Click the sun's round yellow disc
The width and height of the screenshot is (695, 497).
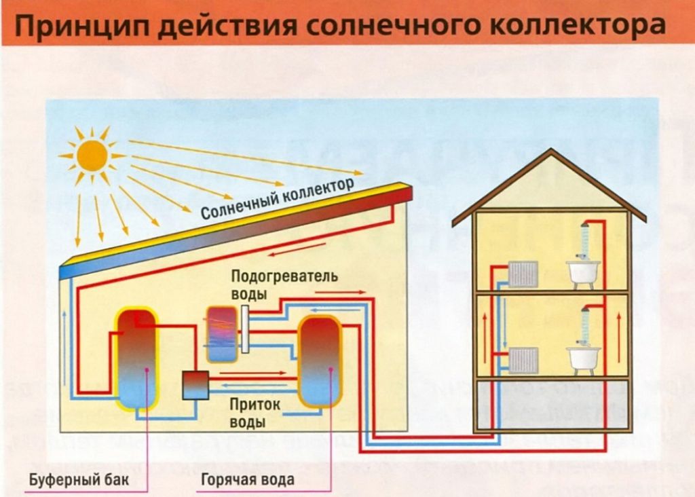[x=92, y=155]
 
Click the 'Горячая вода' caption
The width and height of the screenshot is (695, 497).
[x=247, y=480]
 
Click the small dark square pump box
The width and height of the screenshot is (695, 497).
[x=195, y=386]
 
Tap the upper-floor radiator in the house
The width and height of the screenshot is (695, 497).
[x=523, y=274]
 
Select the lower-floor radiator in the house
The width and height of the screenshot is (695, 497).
[x=523, y=360]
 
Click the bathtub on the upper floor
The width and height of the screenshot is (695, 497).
[x=583, y=272]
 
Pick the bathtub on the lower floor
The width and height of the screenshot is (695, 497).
[x=583, y=358]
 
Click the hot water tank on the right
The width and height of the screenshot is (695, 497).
[x=320, y=361]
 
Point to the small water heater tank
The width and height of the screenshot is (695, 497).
[x=221, y=333]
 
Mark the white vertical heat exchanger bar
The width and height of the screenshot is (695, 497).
[x=244, y=329]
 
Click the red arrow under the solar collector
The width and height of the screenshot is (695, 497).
[x=282, y=254]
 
